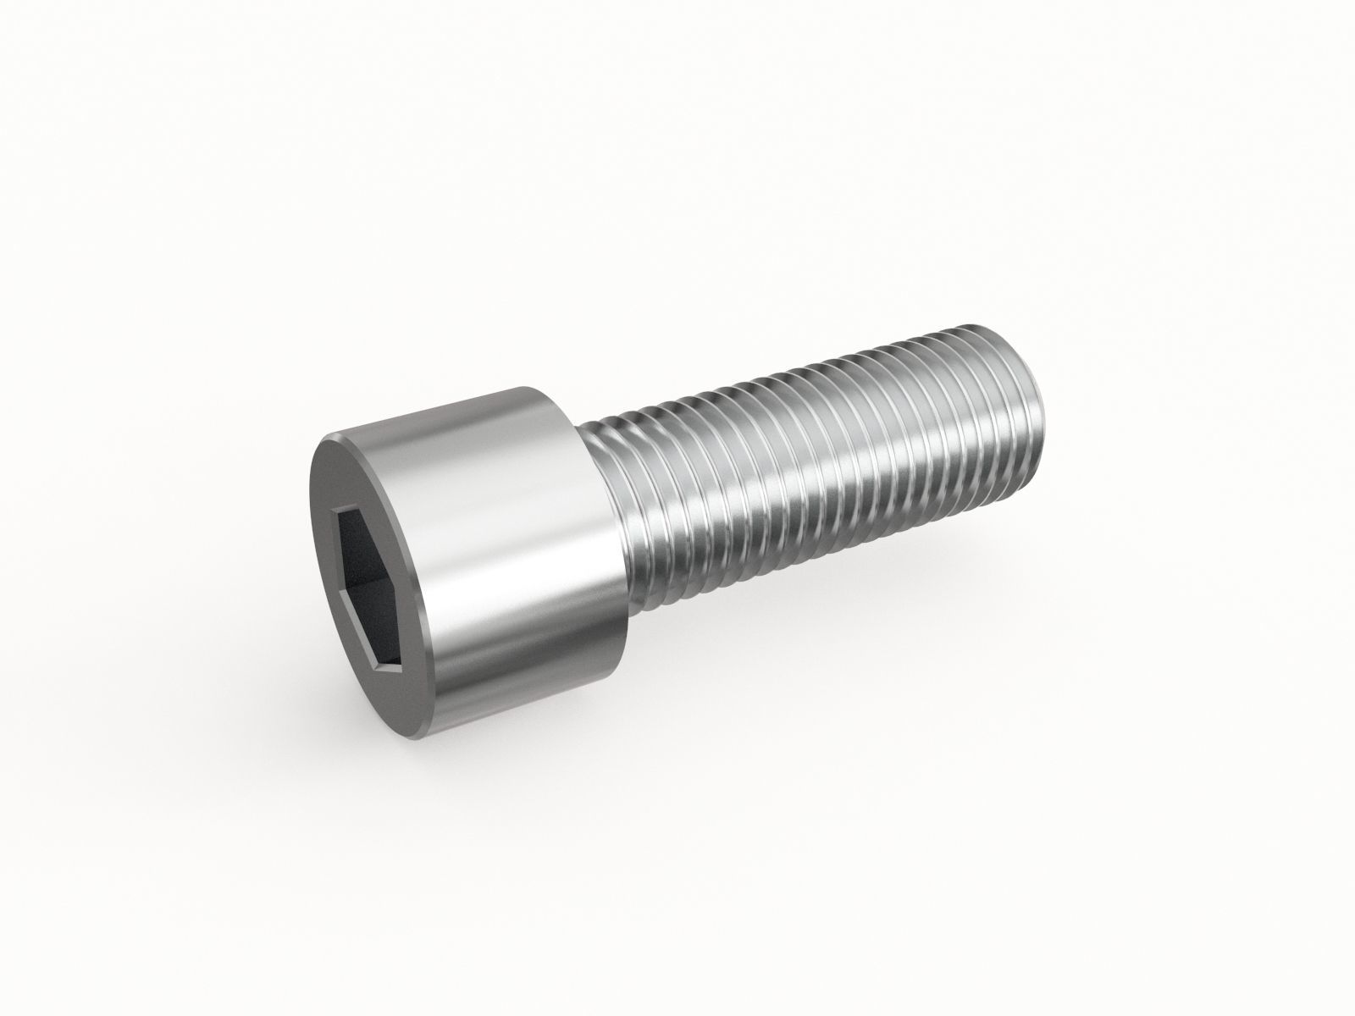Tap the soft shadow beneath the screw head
[x=508, y=711]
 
